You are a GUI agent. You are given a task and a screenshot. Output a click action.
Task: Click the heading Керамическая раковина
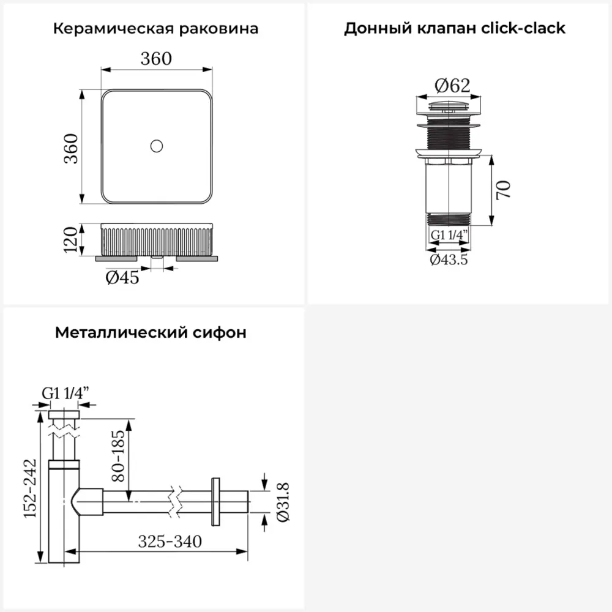pyautogui.click(x=155, y=29)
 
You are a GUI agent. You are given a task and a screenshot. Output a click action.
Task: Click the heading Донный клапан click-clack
pyautogui.click(x=454, y=29)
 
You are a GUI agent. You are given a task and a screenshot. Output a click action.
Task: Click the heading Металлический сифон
pyautogui.click(x=151, y=332)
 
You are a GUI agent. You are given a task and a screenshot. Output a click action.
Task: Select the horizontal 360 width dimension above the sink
pyautogui.click(x=156, y=59)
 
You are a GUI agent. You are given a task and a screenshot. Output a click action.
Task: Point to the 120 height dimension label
pyautogui.click(x=72, y=239)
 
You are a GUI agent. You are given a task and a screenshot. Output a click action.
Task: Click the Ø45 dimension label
pyautogui.click(x=122, y=278)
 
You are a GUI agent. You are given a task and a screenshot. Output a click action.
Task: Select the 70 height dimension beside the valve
pyautogui.click(x=503, y=190)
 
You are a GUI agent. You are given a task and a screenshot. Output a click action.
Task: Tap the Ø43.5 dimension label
pyautogui.click(x=449, y=260)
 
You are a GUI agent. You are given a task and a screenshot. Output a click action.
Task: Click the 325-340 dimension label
pyautogui.click(x=170, y=542)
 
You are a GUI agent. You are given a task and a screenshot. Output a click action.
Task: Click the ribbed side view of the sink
pyautogui.click(x=156, y=239)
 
